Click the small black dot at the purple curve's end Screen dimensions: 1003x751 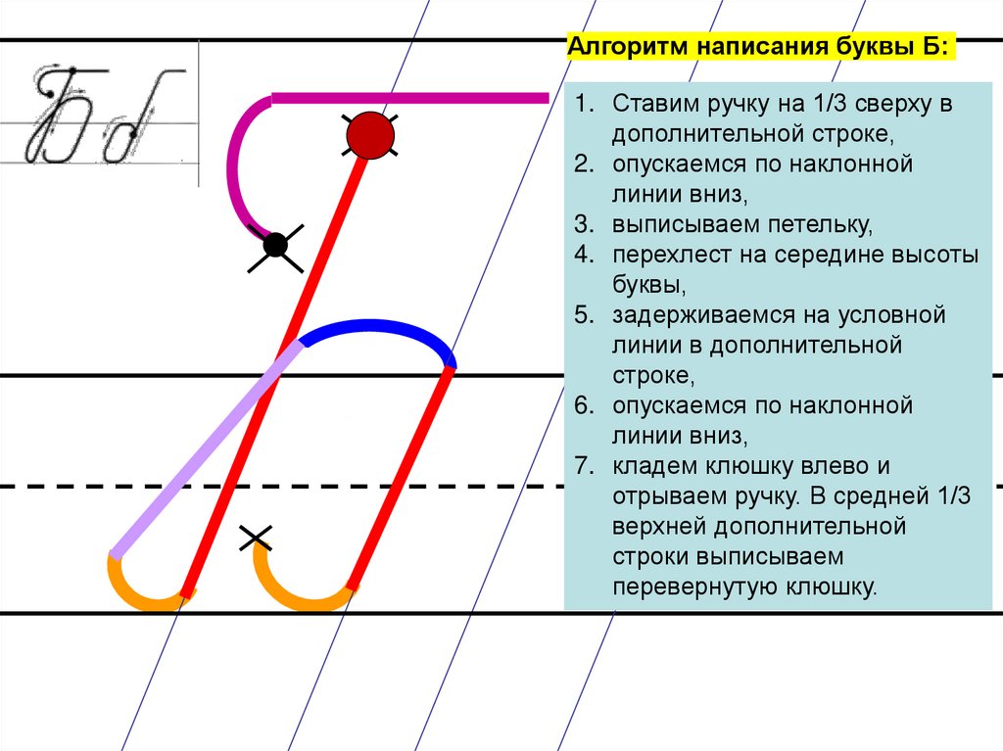[x=275, y=245]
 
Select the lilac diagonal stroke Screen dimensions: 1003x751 [x=206, y=450]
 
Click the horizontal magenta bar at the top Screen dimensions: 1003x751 [x=409, y=97]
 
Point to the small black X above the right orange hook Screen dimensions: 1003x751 [x=256, y=536]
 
